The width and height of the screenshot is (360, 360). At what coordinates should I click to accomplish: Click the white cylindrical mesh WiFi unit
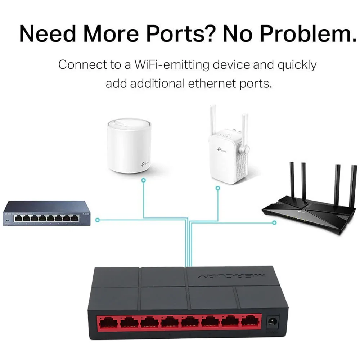[129, 146]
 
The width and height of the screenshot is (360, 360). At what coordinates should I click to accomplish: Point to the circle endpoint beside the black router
[274, 223]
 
